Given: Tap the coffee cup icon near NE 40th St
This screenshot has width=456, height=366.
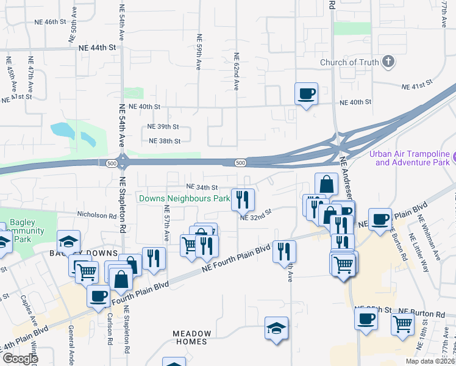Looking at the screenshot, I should point(306,94).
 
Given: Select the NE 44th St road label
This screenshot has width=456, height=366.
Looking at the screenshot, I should point(96,46).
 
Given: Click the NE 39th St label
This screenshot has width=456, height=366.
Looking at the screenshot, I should point(164,127).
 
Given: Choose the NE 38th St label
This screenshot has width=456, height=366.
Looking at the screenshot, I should point(165,141).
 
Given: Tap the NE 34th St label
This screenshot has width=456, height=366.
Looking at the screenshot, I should point(201,187).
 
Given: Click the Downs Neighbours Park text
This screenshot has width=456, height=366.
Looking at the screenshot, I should point(184,198).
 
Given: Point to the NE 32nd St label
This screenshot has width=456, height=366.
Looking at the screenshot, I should point(255,217).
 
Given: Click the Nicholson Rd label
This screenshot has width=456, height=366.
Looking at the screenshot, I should point(96,215).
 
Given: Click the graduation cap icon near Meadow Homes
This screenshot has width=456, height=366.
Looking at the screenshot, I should point(276,328).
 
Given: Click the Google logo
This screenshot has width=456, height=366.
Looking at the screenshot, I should point(20,359).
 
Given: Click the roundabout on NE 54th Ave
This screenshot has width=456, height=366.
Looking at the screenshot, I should point(123,162).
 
